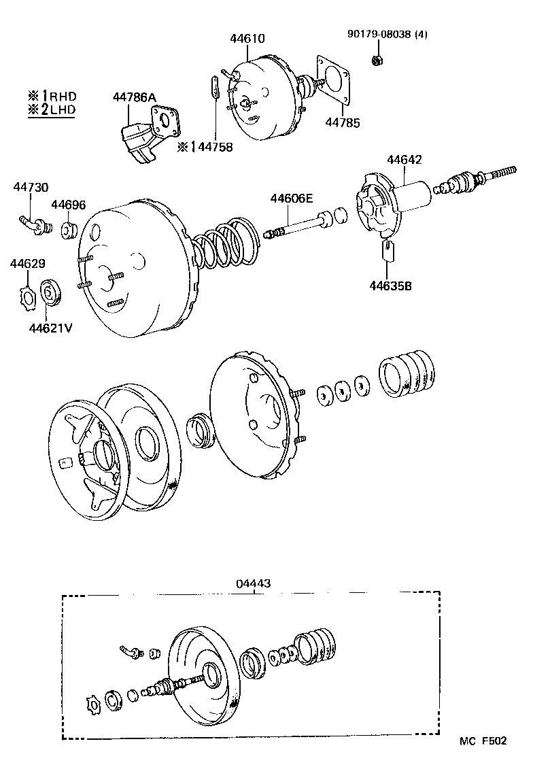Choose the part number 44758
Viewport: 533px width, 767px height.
tap(210, 146)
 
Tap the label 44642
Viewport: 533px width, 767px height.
tap(405, 160)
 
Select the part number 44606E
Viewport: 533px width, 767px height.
tap(291, 199)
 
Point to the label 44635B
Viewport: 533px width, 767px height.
tap(391, 285)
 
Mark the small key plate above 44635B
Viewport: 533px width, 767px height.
tap(389, 250)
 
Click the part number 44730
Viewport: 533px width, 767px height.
tap(31, 187)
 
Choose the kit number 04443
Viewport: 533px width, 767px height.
tap(254, 583)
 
